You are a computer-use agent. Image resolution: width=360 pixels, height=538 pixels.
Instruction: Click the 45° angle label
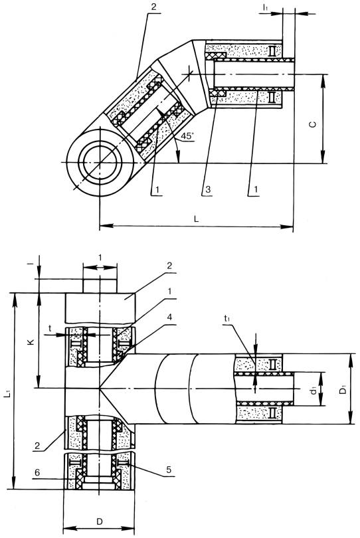click(187, 135)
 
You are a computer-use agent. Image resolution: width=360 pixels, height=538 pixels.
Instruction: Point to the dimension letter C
click(313, 125)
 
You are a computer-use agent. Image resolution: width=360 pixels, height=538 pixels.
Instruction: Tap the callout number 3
click(208, 189)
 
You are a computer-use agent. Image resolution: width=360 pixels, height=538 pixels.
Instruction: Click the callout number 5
click(169, 469)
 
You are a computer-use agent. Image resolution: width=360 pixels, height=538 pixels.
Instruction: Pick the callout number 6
click(37, 472)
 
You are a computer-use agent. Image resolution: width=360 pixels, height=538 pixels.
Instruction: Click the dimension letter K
click(31, 342)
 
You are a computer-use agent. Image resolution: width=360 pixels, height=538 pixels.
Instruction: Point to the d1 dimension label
click(313, 390)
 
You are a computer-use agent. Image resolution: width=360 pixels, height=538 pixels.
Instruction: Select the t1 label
click(227, 318)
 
